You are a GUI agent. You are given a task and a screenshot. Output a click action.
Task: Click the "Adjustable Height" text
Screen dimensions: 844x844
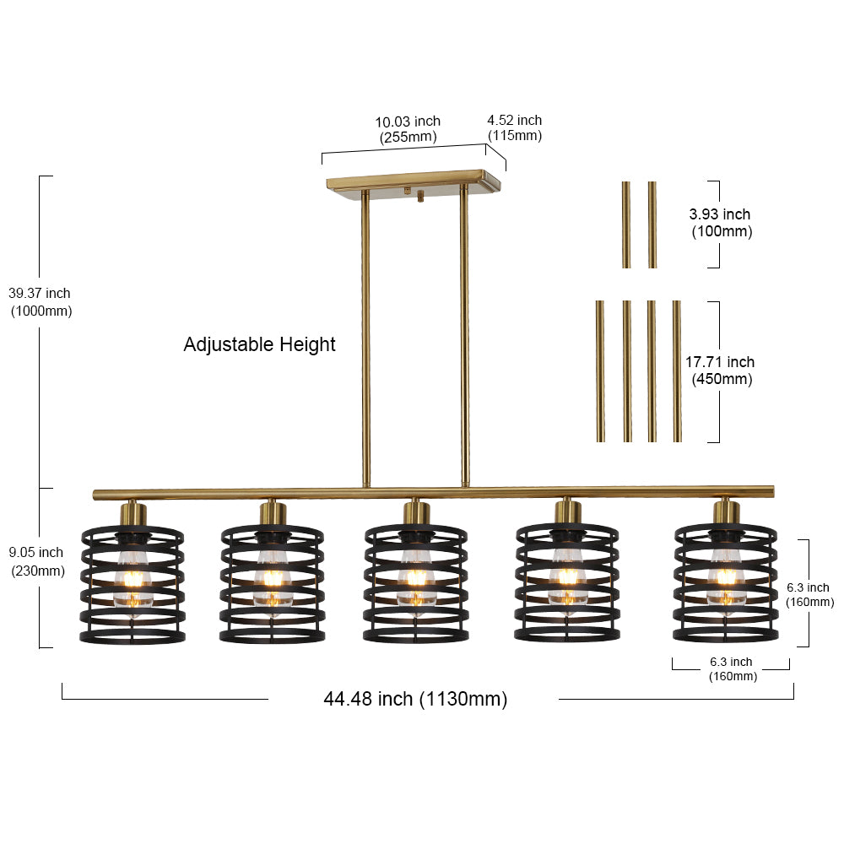coord(259,344)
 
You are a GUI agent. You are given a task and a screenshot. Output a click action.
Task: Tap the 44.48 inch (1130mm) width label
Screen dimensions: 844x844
coord(415,699)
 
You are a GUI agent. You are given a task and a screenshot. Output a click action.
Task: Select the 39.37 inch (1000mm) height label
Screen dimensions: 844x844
coord(41,302)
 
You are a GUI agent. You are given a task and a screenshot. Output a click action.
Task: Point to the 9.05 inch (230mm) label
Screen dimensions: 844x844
coord(37,561)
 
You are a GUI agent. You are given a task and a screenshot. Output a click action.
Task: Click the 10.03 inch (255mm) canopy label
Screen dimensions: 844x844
coord(408,129)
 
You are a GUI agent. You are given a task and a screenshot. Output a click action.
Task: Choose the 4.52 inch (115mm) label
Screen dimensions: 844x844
coord(515,127)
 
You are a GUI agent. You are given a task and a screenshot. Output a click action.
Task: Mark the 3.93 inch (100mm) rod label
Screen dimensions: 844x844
coord(721,223)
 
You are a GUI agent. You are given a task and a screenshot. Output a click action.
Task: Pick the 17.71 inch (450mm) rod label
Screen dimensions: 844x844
coord(720,371)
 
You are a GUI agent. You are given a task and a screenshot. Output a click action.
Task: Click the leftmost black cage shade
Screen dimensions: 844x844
coord(133,585)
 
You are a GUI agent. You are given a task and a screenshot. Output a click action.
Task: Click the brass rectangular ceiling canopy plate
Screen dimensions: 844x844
coord(414,181)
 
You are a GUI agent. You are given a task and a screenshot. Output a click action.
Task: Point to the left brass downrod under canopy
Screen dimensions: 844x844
coord(365,339)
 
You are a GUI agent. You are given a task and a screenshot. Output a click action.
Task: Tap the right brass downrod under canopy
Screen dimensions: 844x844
coord(464,337)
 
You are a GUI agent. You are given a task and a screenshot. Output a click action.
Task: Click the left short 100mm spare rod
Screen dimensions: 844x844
coord(626,225)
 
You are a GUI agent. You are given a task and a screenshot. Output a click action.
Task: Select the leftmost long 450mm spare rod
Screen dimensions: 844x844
coord(601,371)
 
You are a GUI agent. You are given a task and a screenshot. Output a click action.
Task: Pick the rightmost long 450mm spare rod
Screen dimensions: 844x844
coord(677,371)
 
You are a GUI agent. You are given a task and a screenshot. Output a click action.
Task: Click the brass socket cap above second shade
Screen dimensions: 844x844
coord(273,513)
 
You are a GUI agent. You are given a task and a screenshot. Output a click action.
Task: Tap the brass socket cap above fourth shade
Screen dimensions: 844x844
coord(568,511)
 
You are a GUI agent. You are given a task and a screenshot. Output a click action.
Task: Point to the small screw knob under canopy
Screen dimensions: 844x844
coord(420,197)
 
